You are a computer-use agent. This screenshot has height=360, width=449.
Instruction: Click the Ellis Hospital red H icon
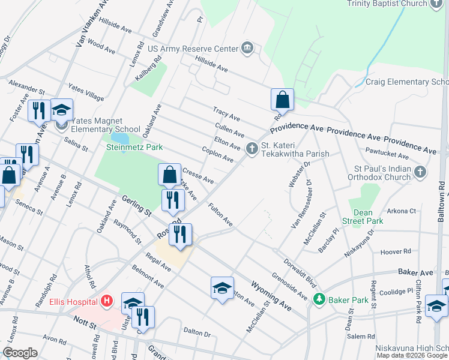pyautogui.click(x=107, y=301)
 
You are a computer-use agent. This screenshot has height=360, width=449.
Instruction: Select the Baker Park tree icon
pyautogui.click(x=320, y=298)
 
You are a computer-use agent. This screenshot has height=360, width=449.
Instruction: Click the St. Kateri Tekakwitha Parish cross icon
pyautogui.click(x=252, y=148)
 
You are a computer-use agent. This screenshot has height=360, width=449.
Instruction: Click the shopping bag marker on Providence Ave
pyautogui.click(x=282, y=99)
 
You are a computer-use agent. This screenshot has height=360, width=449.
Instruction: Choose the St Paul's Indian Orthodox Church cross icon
pyautogui.click(x=420, y=173)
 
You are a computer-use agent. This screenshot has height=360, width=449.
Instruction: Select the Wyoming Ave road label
pyautogui.click(x=271, y=296)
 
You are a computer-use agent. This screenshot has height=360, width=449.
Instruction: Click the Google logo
pyautogui.click(x=20, y=353)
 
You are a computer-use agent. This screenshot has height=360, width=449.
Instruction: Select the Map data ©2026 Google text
pyautogui.click(x=412, y=355)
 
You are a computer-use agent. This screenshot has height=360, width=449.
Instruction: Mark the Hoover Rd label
pyautogui.click(x=399, y=251)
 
